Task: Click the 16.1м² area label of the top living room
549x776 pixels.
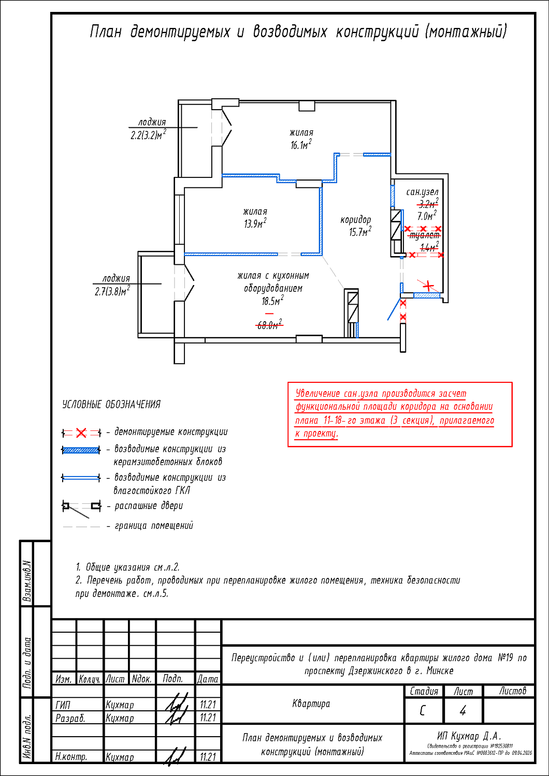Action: tap(300, 145)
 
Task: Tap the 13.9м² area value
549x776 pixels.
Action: tap(255, 224)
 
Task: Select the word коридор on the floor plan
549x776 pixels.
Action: tap(355, 220)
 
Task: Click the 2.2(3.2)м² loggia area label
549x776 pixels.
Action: tap(148, 136)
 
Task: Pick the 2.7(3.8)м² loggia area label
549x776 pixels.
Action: tap(112, 292)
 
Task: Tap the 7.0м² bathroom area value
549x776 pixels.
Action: tap(427, 216)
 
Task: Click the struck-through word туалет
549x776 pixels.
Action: tap(424, 235)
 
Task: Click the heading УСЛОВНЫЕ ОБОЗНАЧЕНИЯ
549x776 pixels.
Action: tap(111, 405)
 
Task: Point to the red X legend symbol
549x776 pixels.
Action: tap(81, 432)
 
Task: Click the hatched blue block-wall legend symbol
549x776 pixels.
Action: tap(81, 450)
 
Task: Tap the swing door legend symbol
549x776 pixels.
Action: tap(81, 507)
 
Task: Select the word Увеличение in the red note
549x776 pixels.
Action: tap(317, 394)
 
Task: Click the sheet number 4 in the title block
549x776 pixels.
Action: tap(463, 711)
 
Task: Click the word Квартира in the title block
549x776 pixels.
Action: tap(311, 704)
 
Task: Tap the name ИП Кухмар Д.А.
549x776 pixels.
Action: tap(469, 736)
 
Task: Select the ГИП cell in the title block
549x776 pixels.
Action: tap(63, 705)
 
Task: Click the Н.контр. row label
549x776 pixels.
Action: tap(71, 757)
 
